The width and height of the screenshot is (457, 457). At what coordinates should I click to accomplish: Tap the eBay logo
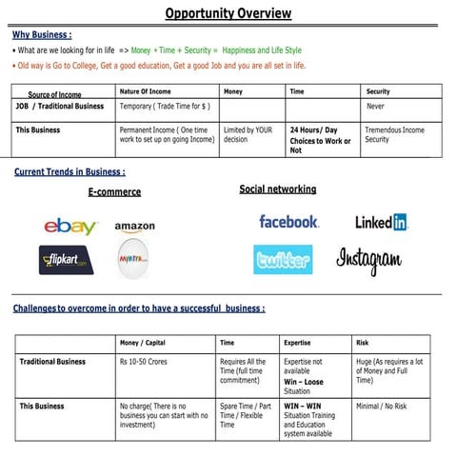(x=70, y=227)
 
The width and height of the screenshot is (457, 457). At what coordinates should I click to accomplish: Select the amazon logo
(x=134, y=228)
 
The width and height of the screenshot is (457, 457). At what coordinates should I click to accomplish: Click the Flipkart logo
(x=66, y=260)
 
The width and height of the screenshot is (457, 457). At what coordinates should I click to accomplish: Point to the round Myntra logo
(x=133, y=259)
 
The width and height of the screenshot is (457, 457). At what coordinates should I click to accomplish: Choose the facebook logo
(x=288, y=221)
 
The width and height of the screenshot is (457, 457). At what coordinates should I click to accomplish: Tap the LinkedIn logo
(x=381, y=222)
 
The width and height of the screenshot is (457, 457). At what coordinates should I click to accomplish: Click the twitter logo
(x=283, y=259)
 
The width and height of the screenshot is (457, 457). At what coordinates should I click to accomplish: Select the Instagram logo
(x=369, y=259)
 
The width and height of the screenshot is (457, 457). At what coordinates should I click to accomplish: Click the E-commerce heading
(x=114, y=191)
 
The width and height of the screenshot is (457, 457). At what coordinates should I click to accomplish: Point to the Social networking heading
(x=277, y=189)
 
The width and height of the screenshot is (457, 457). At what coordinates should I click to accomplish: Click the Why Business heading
(x=42, y=34)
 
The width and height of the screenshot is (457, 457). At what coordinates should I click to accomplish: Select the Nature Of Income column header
(x=146, y=91)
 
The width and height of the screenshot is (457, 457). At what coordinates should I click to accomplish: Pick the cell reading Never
(x=376, y=107)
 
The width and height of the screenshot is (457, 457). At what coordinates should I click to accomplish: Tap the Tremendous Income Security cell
(x=395, y=134)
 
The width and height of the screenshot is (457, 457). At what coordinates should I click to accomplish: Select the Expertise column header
(x=297, y=342)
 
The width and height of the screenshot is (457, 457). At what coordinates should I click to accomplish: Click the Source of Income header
(x=54, y=94)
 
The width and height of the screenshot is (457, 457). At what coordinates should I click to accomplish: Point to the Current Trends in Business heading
(x=70, y=172)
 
